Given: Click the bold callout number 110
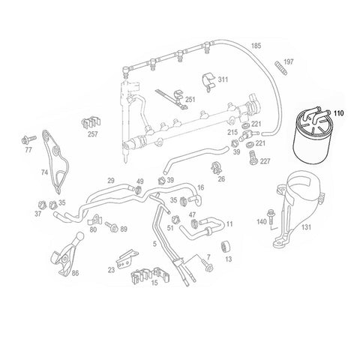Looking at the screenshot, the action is click(339, 113).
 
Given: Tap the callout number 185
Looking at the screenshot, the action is click(256, 46).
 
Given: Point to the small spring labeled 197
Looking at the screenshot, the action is click(281, 67).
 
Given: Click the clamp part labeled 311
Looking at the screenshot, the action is click(208, 82).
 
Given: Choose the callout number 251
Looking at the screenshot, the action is click(190, 100).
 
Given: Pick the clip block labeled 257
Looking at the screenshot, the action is click(91, 123).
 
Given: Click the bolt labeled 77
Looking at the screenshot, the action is click(28, 139).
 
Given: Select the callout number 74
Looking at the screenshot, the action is click(44, 172).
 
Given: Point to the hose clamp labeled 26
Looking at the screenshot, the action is click(217, 168).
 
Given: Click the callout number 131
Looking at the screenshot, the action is click(307, 227).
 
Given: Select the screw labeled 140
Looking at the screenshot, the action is click(270, 217).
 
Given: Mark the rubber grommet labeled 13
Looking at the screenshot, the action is click(226, 247).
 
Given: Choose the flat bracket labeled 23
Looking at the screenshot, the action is click(127, 258).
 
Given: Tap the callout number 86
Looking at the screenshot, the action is click(75, 273).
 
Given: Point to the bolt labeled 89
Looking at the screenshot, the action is click(112, 226).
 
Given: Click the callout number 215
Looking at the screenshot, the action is click(232, 132).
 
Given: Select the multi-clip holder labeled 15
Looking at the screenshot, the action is click(151, 276).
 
